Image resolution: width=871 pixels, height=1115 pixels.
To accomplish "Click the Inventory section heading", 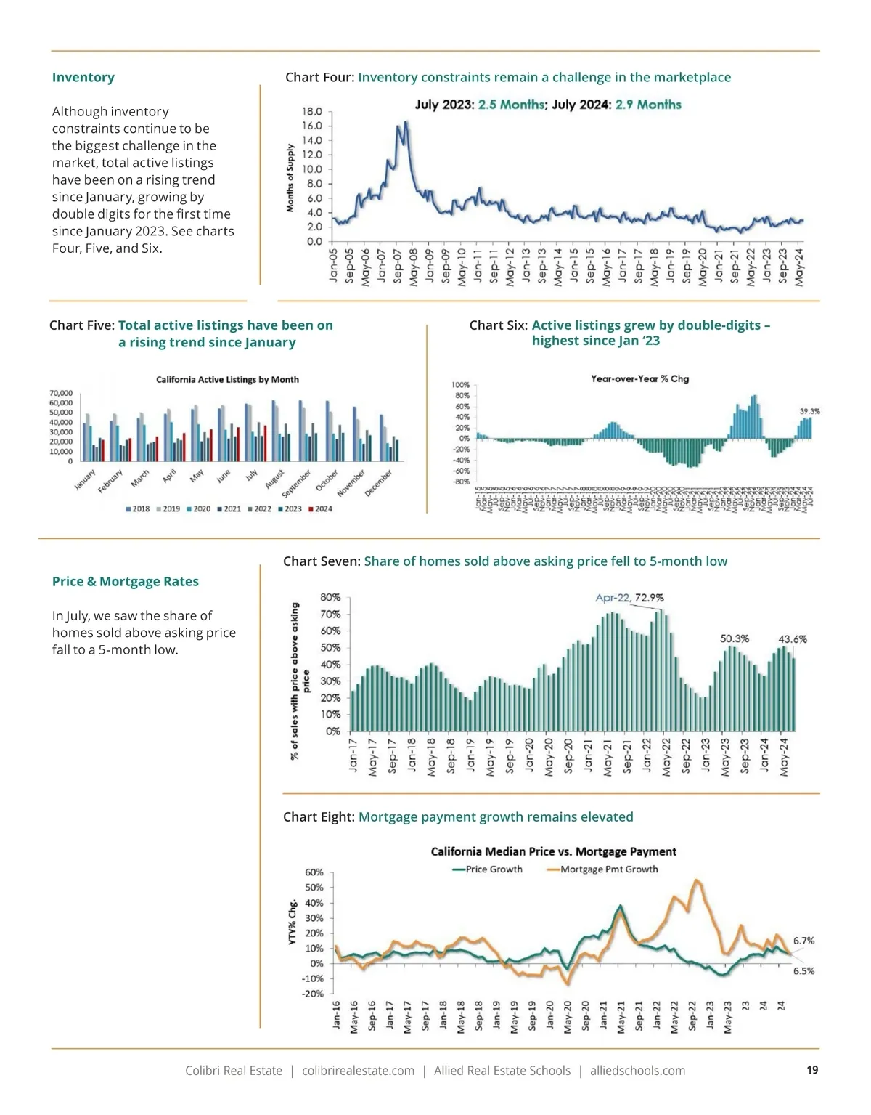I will (83, 78).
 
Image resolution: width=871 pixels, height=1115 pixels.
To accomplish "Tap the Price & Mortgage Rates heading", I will (125, 581).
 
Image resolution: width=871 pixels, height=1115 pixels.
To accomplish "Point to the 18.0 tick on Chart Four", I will (312, 112).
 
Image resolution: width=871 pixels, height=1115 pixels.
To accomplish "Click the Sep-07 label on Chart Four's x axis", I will (397, 267).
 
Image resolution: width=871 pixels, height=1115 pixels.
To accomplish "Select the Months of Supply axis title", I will (290, 178).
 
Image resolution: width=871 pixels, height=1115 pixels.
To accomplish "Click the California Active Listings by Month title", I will (227, 379).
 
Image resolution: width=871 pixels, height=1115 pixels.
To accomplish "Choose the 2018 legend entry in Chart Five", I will (137, 509).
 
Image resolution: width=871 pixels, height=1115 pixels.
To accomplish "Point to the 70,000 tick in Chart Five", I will (61, 393).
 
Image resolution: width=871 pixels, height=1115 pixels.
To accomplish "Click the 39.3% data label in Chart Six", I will (809, 411).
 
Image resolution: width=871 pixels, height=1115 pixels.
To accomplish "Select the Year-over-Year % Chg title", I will (639, 378).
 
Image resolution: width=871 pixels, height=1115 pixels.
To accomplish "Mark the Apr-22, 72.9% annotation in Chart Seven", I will (629, 598).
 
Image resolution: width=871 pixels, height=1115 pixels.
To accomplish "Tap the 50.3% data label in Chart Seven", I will (734, 638).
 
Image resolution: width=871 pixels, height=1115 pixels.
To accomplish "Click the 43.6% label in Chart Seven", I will (792, 639).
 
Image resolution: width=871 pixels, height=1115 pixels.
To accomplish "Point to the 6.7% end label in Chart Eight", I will (803, 941).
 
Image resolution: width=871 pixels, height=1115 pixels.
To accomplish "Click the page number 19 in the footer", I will (812, 1070).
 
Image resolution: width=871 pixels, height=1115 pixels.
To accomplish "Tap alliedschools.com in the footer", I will (637, 1071).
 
